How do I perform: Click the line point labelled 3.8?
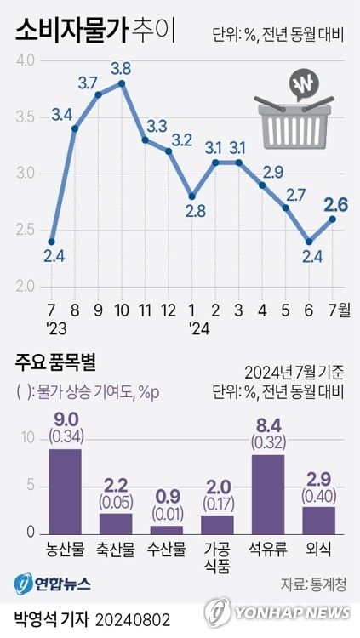[x=123, y=83]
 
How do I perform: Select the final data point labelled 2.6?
[x=332, y=219]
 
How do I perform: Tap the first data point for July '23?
[x=52, y=242]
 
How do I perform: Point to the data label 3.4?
[x=61, y=112]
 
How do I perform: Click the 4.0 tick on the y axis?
[x=25, y=61]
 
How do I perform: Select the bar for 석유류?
[x=268, y=493]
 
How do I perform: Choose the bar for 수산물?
[x=167, y=529]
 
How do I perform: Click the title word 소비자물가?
[x=71, y=32]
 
